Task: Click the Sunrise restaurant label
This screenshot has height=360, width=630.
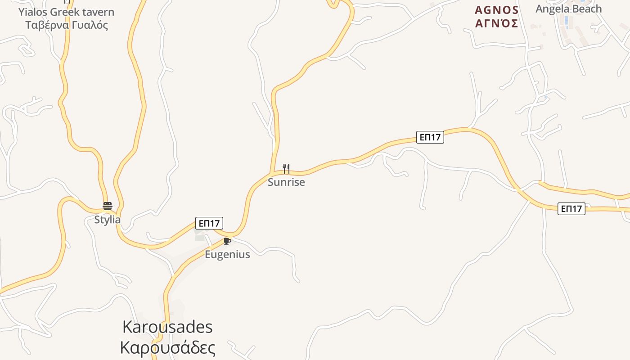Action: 286,182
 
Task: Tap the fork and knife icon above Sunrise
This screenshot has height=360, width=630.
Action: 286,169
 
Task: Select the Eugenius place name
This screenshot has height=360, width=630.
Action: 227,254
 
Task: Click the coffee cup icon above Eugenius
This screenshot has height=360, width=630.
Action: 227,242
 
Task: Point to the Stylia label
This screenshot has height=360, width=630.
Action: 108,220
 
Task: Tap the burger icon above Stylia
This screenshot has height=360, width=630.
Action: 108,206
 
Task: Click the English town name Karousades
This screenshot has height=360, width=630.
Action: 167,327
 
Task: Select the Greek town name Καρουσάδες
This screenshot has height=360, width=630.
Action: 167,347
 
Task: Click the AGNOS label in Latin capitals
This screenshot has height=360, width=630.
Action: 497,10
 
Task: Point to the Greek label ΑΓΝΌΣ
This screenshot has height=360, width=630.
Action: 497,24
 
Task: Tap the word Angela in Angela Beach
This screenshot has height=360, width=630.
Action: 550,9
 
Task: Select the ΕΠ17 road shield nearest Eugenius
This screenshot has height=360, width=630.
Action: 209,223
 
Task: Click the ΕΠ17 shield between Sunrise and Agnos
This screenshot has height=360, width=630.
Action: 430,137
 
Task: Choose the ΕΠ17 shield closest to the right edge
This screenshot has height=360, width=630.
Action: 571,209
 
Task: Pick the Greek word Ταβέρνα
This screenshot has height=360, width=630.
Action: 47,25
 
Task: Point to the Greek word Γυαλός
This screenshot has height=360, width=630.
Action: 90,25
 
